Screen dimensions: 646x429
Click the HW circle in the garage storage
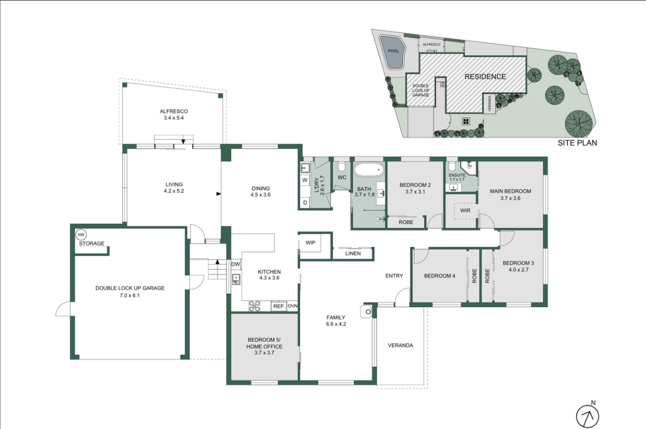[x=81, y=235]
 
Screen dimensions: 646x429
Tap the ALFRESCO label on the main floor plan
[x=173, y=111]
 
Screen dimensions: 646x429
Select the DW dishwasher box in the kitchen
[x=236, y=264]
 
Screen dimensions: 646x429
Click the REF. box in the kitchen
[x=279, y=306]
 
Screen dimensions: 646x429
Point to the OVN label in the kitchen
[x=293, y=306]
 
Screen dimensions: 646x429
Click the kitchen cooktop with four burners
[x=255, y=306]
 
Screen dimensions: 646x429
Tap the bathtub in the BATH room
[x=369, y=170]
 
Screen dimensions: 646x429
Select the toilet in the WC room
[x=342, y=166]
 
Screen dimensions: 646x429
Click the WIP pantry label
[x=310, y=243]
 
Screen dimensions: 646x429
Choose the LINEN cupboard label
[x=353, y=253]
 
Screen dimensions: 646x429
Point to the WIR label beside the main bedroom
[x=465, y=210]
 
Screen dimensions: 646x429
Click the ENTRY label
[x=394, y=276]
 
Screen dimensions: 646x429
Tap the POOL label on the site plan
[x=393, y=51]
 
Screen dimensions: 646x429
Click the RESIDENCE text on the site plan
[x=485, y=77]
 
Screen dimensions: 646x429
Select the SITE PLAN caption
[x=577, y=143]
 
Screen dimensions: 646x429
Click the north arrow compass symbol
[x=587, y=416]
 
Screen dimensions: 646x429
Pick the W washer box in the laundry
[x=305, y=180]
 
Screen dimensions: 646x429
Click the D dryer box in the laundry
[x=305, y=202]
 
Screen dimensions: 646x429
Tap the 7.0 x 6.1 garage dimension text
[x=130, y=295]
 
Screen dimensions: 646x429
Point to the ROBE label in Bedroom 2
[x=406, y=222]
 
